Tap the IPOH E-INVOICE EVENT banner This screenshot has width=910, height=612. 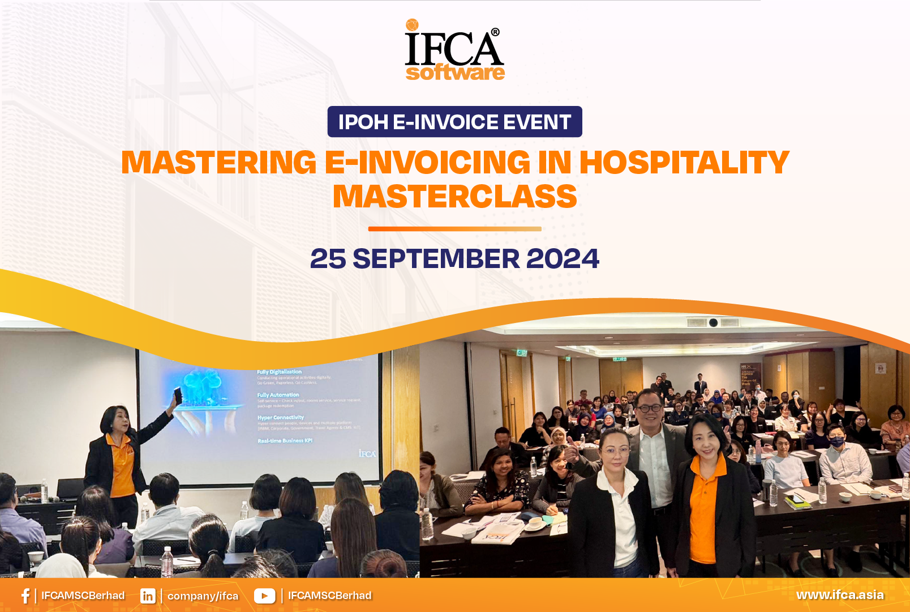pyautogui.click(x=454, y=122)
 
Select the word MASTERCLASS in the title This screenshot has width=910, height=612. pyautogui.click(x=454, y=197)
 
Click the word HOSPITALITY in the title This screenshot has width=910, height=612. pyautogui.click(x=684, y=163)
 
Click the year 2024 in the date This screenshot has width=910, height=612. pyautogui.click(x=563, y=259)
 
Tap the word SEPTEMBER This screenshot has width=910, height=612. pyautogui.click(x=436, y=259)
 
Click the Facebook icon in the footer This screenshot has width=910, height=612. pyautogui.click(x=25, y=596)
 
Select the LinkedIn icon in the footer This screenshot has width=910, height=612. pyautogui.click(x=148, y=596)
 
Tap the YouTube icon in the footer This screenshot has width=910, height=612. pyautogui.click(x=264, y=596)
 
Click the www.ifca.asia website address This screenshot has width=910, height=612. pyautogui.click(x=840, y=595)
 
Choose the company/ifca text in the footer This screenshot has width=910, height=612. pyautogui.click(x=203, y=596)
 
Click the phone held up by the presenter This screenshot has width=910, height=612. pyautogui.click(x=178, y=395)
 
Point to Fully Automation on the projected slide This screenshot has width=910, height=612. pyautogui.click(x=278, y=395)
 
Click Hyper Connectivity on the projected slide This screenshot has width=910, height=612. pyautogui.click(x=281, y=418)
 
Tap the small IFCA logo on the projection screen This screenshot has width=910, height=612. pyautogui.click(x=367, y=453)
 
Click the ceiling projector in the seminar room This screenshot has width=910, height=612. pyautogui.click(x=713, y=322)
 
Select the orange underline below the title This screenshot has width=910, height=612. pyautogui.click(x=454, y=229)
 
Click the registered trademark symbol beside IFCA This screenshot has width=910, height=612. pyautogui.click(x=495, y=32)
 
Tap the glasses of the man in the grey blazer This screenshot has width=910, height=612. pyautogui.click(x=649, y=407)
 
